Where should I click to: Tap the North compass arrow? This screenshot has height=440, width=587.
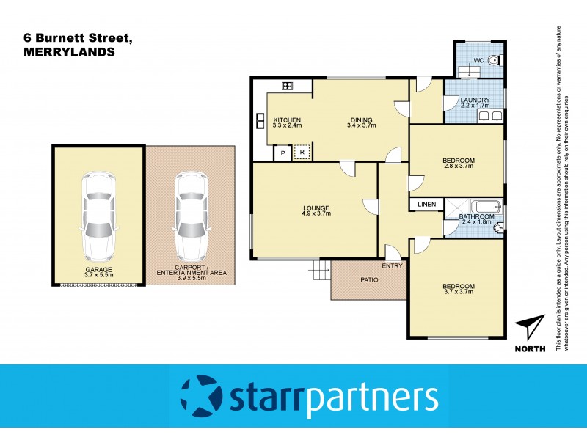click(531, 328)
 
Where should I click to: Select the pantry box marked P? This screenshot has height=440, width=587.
click(282, 153)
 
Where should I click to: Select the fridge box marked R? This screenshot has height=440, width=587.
click(302, 153)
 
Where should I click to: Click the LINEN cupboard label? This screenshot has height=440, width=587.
click(427, 204)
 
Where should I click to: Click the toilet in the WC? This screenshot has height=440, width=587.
click(494, 61)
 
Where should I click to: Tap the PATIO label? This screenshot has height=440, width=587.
click(368, 280)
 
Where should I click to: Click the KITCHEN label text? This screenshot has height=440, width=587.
click(288, 120)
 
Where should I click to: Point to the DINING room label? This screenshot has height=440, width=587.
click(360, 120)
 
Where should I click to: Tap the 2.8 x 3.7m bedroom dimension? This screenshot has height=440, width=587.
click(458, 166)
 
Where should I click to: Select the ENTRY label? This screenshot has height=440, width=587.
click(393, 265)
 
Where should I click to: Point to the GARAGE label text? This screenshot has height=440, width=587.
click(98, 270)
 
